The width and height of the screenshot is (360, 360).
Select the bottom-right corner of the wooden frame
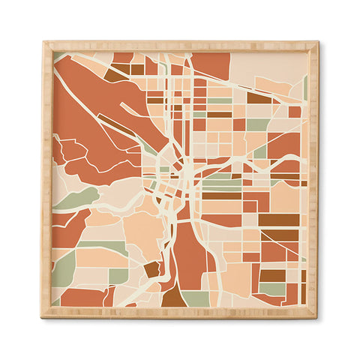tap(317, 317)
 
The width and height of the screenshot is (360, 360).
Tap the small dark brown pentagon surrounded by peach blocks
tap(152, 269)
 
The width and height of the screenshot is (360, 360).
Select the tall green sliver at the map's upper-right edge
tap(305, 87)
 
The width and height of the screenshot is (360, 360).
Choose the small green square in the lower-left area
tap(118, 276)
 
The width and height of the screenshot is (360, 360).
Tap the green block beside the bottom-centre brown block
tap(199, 299)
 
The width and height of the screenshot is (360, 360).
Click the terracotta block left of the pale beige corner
tap(210, 64)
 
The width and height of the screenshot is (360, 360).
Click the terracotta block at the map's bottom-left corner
tap(82, 297)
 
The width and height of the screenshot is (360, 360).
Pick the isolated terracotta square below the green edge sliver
tap(295, 112)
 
